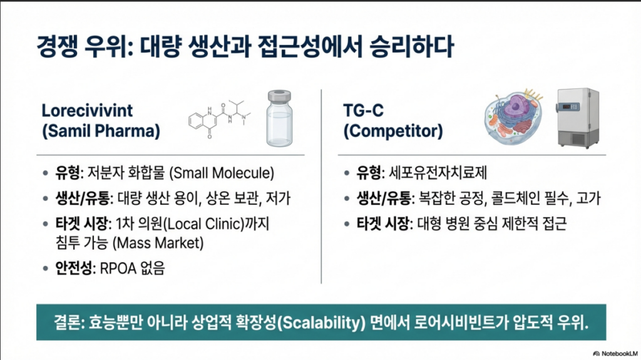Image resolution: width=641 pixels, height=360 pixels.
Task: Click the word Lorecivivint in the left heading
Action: click(87, 110)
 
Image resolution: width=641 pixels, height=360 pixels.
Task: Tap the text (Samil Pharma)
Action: click(101, 131)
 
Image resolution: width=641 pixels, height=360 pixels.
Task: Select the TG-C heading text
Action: click(364, 110)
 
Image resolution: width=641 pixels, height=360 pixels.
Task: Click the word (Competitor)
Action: click(393, 131)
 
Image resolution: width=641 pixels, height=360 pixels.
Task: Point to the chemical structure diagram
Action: click(220, 119)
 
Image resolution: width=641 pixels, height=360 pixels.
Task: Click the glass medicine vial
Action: click(279, 118)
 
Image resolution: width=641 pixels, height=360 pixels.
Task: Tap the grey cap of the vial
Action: click(279, 96)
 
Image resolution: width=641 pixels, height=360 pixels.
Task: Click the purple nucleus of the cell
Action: click(516, 106)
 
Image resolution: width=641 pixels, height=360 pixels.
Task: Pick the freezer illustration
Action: click(578, 118)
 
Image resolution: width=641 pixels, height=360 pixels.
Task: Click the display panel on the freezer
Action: click(571, 107)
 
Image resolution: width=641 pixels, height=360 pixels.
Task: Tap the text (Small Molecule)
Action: click(222, 173)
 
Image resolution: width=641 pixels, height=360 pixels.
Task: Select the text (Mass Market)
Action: click(158, 243)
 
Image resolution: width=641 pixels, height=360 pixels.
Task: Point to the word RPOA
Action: click(118, 269)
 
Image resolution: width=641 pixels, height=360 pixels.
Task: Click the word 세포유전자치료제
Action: click(438, 173)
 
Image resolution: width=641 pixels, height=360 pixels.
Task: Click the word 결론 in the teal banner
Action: click(67, 322)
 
